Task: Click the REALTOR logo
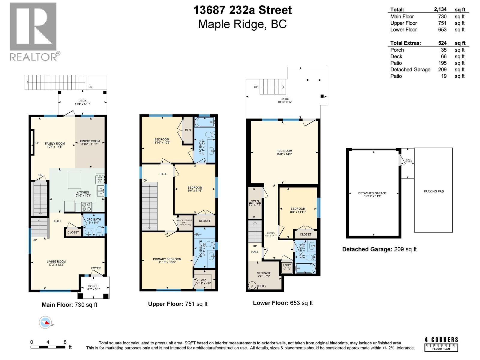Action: click(x=33, y=31)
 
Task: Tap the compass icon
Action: click(x=45, y=322)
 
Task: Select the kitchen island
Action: click(x=74, y=179)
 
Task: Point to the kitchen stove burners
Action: click(x=87, y=207)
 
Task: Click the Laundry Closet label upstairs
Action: click(x=184, y=222)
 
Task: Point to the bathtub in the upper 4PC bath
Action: click(x=204, y=122)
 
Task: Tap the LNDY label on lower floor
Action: click(x=287, y=265)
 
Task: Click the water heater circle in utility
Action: click(x=251, y=286)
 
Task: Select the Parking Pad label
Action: click(x=433, y=191)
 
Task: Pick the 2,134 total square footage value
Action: click(x=440, y=10)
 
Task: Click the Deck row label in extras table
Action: click(x=396, y=56)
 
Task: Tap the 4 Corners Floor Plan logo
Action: click(x=441, y=344)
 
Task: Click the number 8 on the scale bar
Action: click(x=65, y=342)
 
